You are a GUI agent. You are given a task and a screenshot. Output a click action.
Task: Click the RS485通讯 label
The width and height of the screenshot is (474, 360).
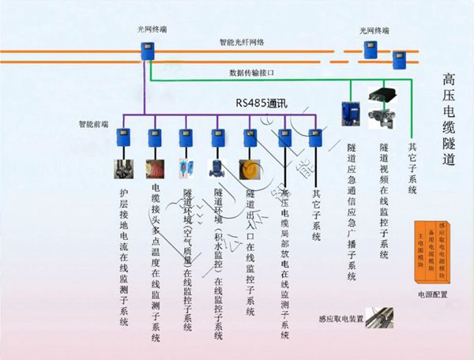[x=265, y=103]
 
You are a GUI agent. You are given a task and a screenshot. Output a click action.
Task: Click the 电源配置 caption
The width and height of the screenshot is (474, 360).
[x=433, y=294]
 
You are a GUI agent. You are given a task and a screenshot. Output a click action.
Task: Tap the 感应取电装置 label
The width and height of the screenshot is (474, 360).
[x=340, y=319]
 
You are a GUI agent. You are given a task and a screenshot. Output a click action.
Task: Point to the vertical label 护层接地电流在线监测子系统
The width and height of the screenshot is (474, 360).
[x=122, y=257]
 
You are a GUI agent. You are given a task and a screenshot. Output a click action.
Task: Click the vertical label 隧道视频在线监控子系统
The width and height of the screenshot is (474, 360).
[x=384, y=201]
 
